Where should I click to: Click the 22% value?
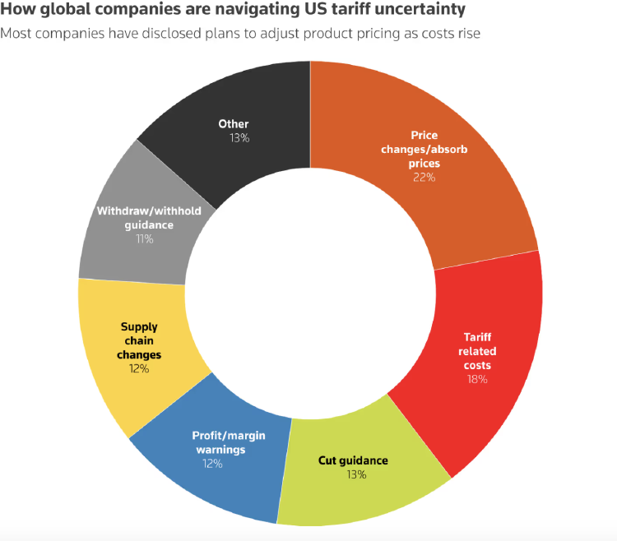tap(424, 177)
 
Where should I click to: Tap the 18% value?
tap(477, 379)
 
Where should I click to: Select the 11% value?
tap(144, 238)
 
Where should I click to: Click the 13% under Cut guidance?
tap(356, 474)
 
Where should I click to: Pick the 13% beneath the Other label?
tap(239, 138)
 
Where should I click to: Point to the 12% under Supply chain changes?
tap(138, 368)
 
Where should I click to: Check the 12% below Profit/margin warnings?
tap(212, 463)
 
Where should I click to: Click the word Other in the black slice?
tap(234, 124)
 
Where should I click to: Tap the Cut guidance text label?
tap(353, 460)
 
